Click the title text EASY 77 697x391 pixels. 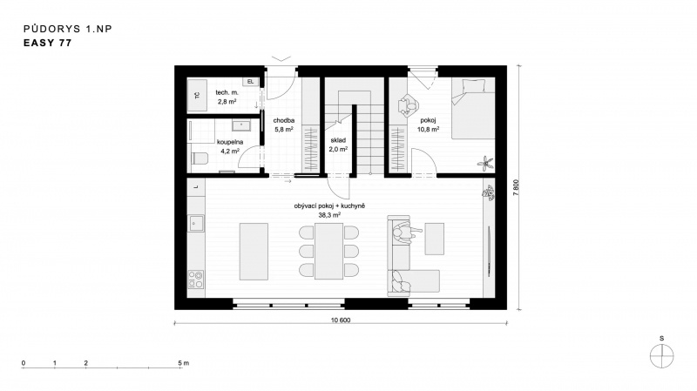tap(47, 43)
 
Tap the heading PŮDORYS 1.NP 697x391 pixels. tap(68, 29)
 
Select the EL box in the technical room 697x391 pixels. tap(250, 82)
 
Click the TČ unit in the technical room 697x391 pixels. tap(197, 95)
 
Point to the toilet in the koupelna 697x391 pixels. tap(200, 158)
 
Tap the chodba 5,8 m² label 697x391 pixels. tap(284, 125)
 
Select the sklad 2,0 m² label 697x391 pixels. tap(338, 145)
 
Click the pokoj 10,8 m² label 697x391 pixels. tap(428, 125)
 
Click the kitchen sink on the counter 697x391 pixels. tap(197, 223)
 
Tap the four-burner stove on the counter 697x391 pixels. tap(196, 280)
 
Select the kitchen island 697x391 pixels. tap(254, 252)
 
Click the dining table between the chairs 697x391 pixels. tap(329, 252)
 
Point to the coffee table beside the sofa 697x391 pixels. tap(434, 239)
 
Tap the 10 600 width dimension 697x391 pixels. tap(341, 320)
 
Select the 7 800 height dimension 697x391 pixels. tap(516, 187)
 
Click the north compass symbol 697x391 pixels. tap(662, 356)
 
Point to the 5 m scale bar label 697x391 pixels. tap(183, 363)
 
